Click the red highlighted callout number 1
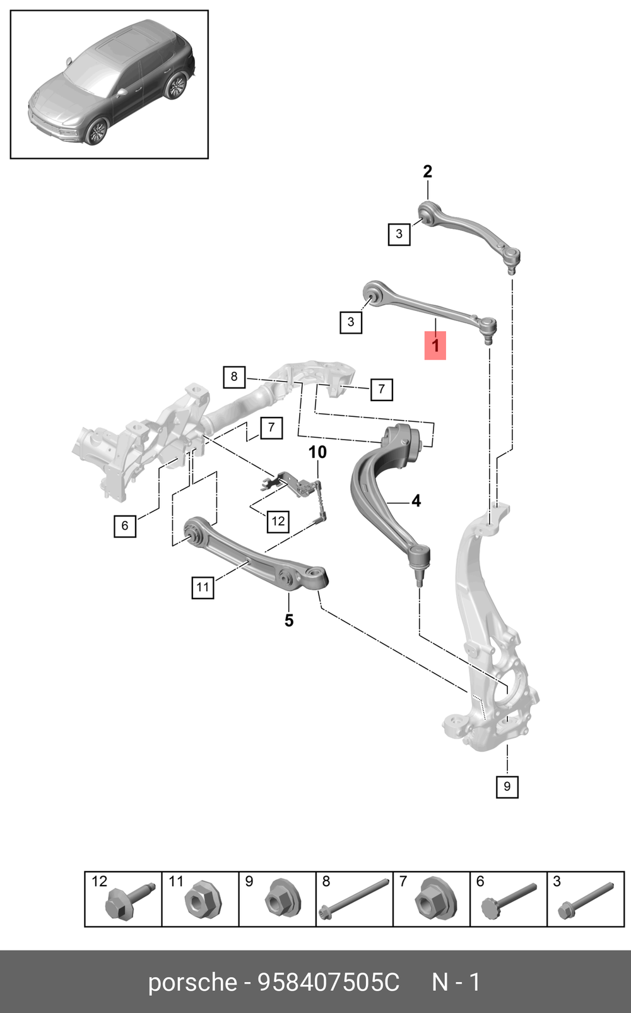tap(435, 346)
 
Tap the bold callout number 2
tap(427, 172)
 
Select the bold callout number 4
tap(416, 501)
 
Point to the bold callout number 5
tap(289, 620)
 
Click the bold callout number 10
tap(317, 452)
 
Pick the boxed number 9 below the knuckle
tap(507, 787)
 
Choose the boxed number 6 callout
tap(125, 525)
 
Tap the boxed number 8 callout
tap(234, 377)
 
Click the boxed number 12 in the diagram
tap(278, 522)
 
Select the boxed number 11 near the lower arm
tap(203, 587)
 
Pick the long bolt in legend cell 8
tap(354, 901)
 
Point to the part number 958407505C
tap(329, 982)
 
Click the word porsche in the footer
tap(192, 983)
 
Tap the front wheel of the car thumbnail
tap(96, 131)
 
